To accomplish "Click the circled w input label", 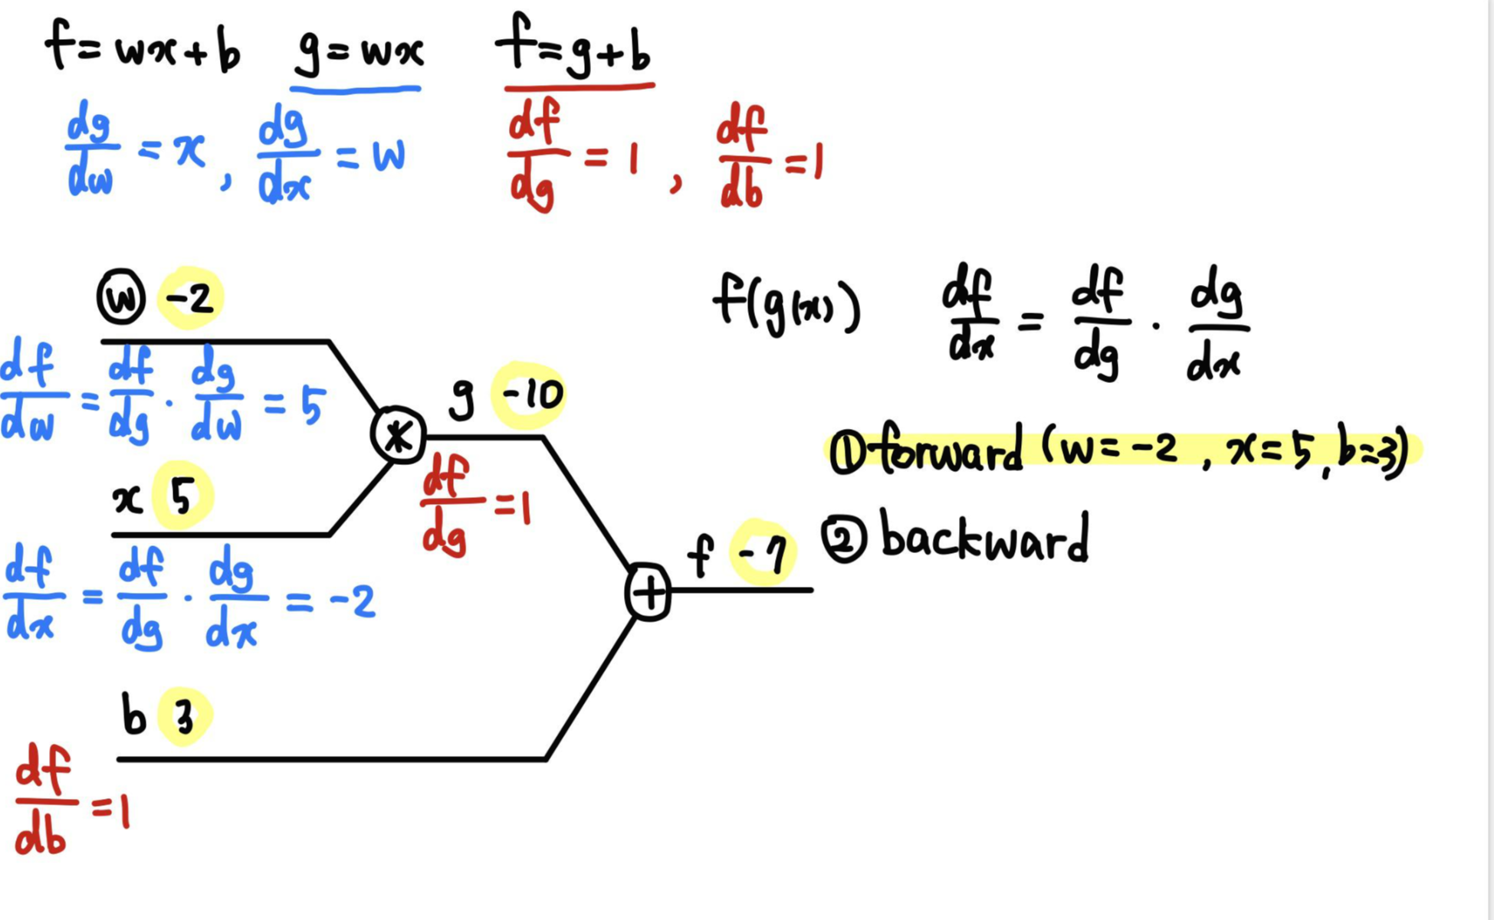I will tap(121, 298).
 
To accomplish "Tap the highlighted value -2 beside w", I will tap(190, 298).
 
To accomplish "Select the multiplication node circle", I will tap(398, 436).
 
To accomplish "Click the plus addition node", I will tap(648, 593).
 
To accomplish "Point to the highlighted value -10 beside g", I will tap(530, 395).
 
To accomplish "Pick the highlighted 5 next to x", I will tap(182, 498).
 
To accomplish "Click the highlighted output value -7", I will tap(762, 553).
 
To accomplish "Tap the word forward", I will tap(951, 451).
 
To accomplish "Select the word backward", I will tap(985, 539).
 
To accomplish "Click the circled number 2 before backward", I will tap(844, 539).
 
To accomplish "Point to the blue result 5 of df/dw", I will tap(312, 406).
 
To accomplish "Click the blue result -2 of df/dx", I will tap(353, 602).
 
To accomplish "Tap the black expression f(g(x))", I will tap(786, 304).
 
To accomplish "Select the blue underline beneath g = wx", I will tap(356, 90).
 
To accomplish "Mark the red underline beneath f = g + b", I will tap(579, 87).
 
